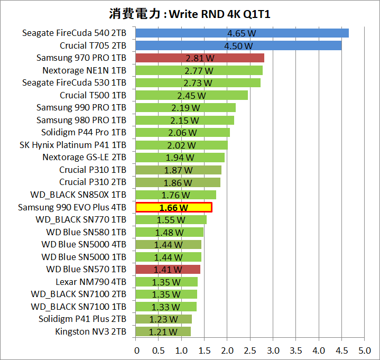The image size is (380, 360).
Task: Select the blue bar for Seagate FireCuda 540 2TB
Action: coord(242,33)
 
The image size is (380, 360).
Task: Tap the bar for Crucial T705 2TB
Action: coord(238,45)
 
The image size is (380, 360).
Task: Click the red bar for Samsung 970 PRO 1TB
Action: coord(200,58)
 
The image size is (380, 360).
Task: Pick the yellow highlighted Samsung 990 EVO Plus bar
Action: coord(174,207)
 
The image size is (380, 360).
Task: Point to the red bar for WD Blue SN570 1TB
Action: coord(168,270)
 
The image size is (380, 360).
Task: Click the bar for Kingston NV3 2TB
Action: coord(163,332)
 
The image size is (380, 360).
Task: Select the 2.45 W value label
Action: coord(191,95)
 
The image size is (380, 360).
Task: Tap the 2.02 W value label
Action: coord(181,145)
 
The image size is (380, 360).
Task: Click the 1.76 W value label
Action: coord(175,195)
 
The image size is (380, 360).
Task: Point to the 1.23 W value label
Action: coord(163,319)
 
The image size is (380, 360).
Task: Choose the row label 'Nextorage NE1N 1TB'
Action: coord(84,70)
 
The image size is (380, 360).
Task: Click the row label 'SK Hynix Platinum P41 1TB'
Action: coord(73,145)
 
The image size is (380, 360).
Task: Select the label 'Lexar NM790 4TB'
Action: coord(91,282)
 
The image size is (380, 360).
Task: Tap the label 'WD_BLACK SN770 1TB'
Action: coord(81,219)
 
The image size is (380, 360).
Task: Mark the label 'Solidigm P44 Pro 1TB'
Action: coord(84,132)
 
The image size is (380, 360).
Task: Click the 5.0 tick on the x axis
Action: coord(364,350)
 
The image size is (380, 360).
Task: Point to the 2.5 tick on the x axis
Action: coord(250,350)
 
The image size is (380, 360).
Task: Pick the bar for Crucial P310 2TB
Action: coord(178,182)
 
